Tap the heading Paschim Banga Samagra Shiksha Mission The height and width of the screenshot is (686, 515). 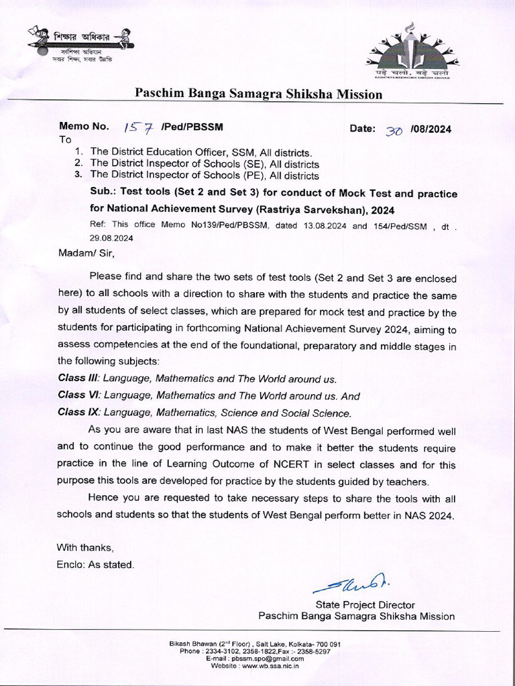[258, 94]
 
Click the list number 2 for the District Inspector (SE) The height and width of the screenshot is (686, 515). [78, 163]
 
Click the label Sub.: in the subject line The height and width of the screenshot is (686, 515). [103, 193]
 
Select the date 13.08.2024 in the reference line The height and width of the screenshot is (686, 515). [312, 226]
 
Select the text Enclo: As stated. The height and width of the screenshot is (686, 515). [96, 564]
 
